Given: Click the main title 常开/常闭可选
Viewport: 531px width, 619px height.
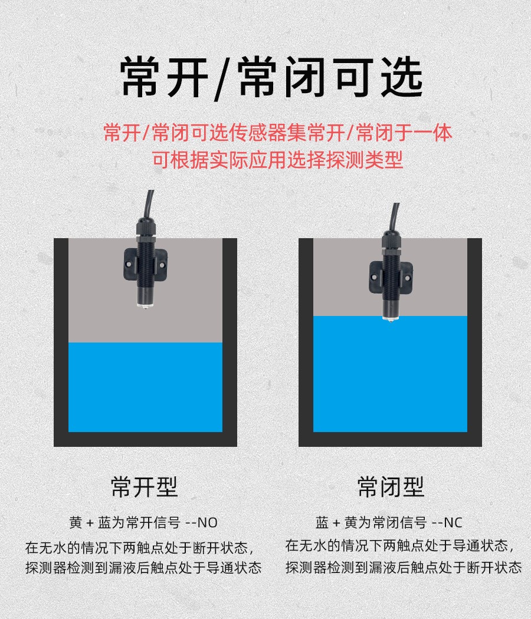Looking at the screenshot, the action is [x=271, y=78].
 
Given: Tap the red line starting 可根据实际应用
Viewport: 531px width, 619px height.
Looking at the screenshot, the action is [x=278, y=160].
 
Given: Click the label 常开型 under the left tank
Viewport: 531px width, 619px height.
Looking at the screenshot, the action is [x=144, y=487].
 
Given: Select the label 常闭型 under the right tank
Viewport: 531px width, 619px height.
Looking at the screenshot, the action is [x=391, y=487].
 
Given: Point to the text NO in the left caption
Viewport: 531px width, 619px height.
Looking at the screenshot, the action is [x=207, y=523].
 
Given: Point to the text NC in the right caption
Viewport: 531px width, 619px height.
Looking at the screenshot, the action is [x=453, y=523].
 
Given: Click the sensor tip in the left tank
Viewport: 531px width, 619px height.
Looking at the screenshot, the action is [x=145, y=305].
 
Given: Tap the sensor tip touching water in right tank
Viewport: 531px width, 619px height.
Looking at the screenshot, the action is [x=390, y=320].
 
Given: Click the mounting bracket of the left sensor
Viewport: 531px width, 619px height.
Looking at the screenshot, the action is [x=145, y=265].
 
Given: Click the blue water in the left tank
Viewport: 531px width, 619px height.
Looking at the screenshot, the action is [x=145, y=387].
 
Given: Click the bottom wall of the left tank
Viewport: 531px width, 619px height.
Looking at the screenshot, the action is [x=145, y=439].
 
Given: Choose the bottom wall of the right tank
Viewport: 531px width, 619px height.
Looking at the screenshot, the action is [x=391, y=439].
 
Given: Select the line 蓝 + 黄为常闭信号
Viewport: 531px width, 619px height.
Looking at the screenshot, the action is [x=371, y=523].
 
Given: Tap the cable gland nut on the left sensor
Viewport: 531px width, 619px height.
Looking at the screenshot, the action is [x=145, y=229].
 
